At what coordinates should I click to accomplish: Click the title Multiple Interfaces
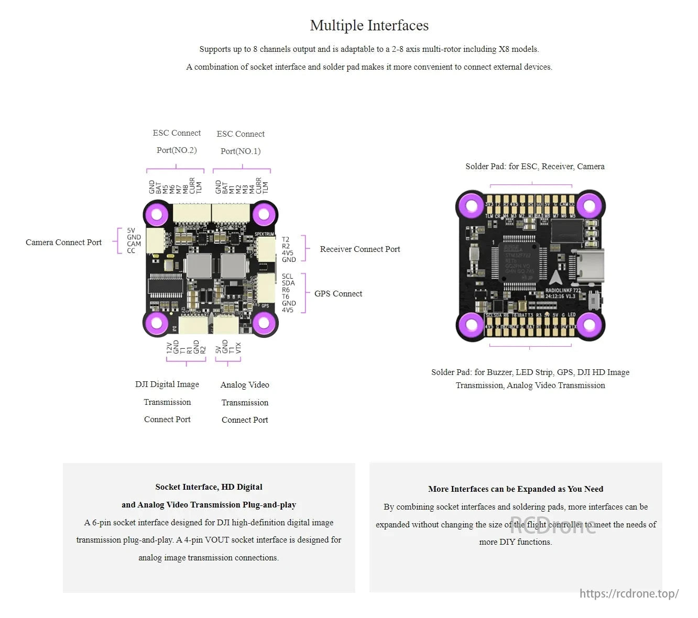(x=369, y=25)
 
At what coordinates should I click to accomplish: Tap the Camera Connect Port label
(x=63, y=242)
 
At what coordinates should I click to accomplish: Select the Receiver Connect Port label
(x=359, y=249)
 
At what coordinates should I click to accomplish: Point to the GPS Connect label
(x=338, y=294)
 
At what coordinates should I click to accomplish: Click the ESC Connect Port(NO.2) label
(x=177, y=141)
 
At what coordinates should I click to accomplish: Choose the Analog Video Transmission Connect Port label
(x=245, y=402)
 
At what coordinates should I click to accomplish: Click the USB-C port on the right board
(x=590, y=267)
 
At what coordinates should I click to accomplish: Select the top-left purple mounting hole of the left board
(x=156, y=214)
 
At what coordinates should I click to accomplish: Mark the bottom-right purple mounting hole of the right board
(x=589, y=325)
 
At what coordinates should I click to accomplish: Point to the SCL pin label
(x=287, y=277)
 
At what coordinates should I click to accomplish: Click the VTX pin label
(x=238, y=348)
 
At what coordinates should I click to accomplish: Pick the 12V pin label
(x=169, y=348)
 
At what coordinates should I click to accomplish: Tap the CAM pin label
(x=134, y=244)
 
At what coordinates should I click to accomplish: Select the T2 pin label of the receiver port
(x=286, y=239)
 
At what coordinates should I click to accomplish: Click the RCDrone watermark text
(x=553, y=525)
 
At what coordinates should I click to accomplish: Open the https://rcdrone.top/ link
(x=629, y=593)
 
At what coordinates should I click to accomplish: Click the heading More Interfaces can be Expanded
(x=515, y=489)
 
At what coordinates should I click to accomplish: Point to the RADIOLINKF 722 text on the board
(x=563, y=290)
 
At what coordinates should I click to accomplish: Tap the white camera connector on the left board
(x=155, y=241)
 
